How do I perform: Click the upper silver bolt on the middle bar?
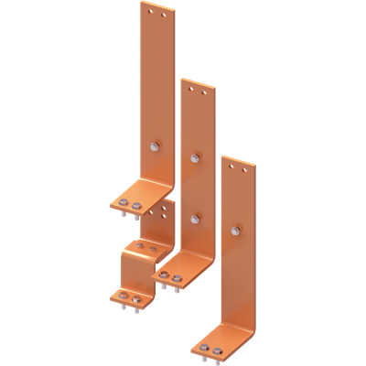(x=195, y=158)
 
